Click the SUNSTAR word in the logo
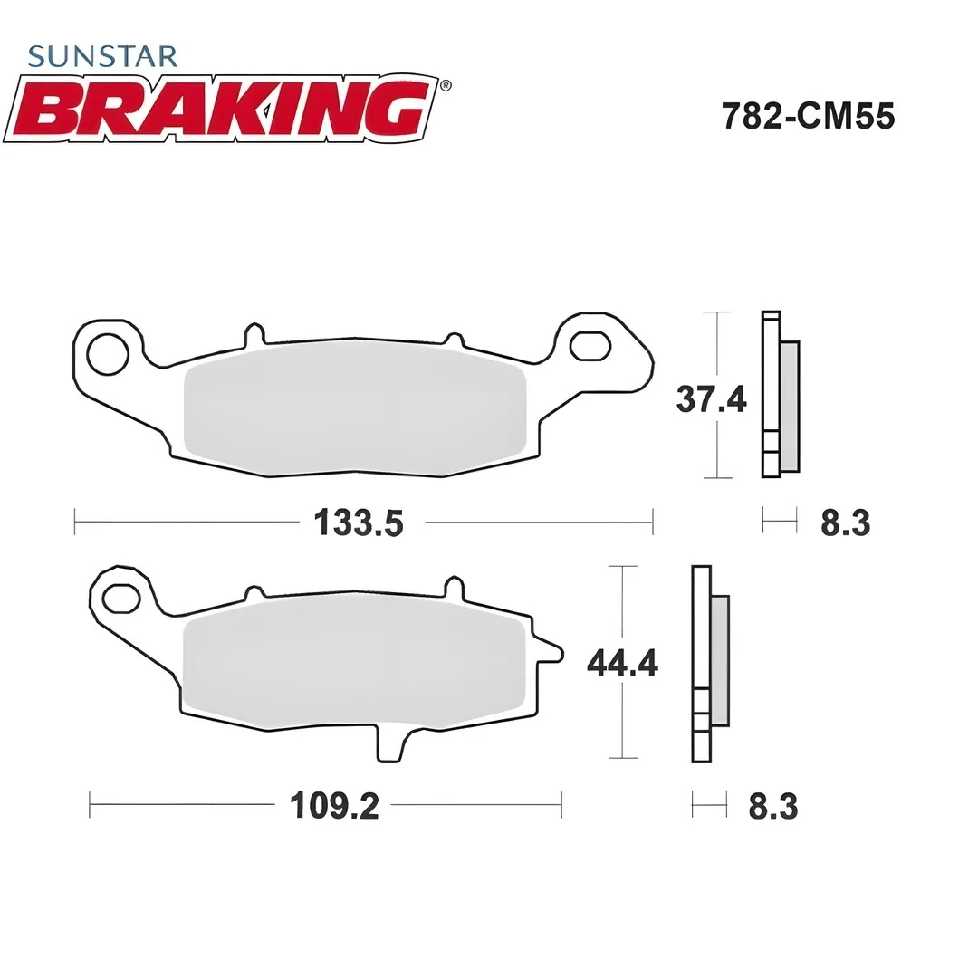point(102,56)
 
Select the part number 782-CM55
point(808,117)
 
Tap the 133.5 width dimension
point(358,523)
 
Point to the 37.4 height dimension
point(711,398)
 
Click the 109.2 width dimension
point(333,805)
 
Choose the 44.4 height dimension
point(622,664)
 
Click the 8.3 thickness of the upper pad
point(845,523)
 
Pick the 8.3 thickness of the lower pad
point(772,806)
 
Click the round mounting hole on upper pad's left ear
point(108,353)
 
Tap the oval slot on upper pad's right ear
point(590,345)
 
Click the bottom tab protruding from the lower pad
point(389,743)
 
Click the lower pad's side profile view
point(709,663)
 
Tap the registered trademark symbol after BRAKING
point(445,85)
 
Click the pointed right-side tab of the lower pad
point(551,649)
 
